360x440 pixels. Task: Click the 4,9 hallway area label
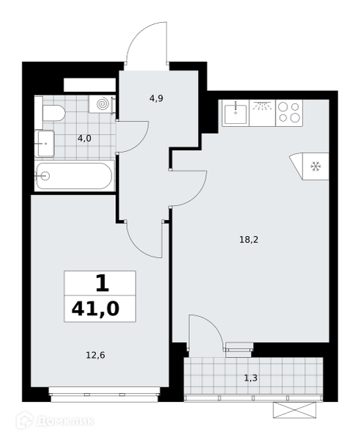pyautogui.click(x=157, y=98)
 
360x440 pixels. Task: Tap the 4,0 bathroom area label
pyautogui.click(x=84, y=138)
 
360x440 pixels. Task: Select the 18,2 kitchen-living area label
pyautogui.click(x=249, y=240)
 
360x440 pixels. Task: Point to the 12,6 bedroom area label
pyautogui.click(x=95, y=356)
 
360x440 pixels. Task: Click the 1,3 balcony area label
pyautogui.click(x=251, y=378)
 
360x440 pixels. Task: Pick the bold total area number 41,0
pyautogui.click(x=95, y=309)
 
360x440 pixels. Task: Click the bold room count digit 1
pyautogui.click(x=102, y=283)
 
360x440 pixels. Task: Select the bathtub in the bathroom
pyautogui.click(x=75, y=176)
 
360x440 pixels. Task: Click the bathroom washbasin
pyautogui.click(x=44, y=144)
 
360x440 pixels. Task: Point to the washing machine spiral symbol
pyautogui.click(x=102, y=104)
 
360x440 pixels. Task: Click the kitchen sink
pyautogui.click(x=235, y=113)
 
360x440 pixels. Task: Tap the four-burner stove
pyautogui.click(x=290, y=113)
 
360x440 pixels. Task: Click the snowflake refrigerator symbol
pyautogui.click(x=316, y=166)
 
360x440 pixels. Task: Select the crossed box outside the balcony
pyautogui.click(x=294, y=410)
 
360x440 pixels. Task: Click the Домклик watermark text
pyautogui.click(x=65, y=421)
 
